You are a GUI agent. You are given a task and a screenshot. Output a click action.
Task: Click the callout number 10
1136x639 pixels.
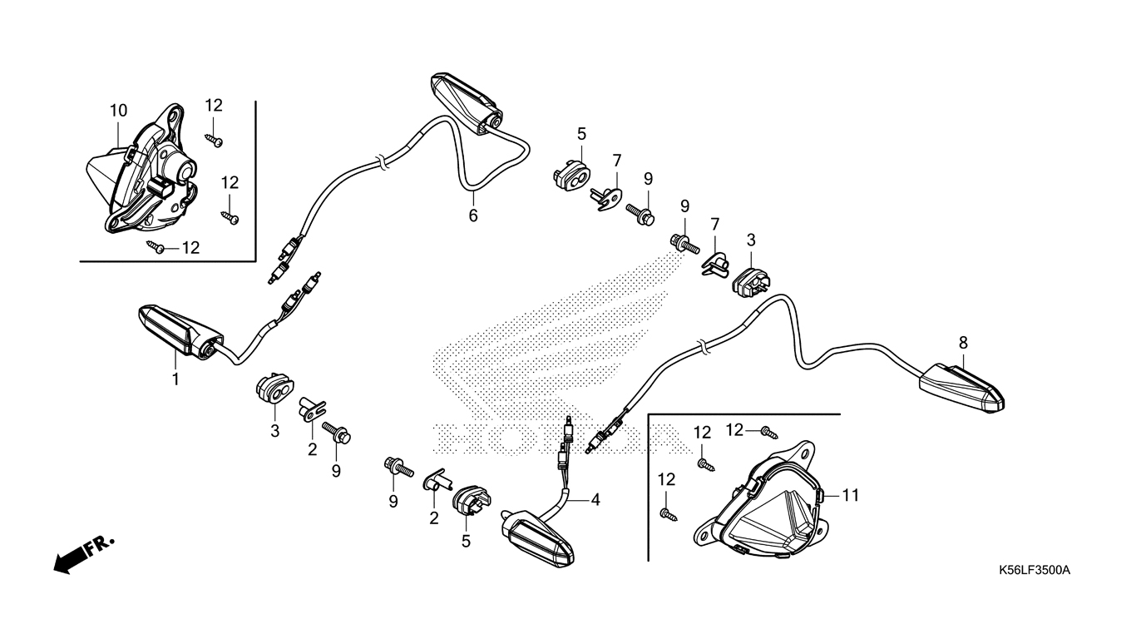(118, 111)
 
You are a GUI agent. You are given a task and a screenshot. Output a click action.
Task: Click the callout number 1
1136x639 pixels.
(175, 379)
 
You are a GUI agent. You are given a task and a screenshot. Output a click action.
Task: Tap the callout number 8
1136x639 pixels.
(963, 342)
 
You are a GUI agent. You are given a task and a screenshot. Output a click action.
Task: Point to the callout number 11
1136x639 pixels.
(849, 495)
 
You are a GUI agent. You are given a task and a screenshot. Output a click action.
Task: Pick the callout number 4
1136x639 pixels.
(595, 500)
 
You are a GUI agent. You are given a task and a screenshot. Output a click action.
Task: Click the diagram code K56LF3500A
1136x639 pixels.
(1035, 571)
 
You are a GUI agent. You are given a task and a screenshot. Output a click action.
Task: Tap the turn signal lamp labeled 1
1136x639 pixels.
(179, 334)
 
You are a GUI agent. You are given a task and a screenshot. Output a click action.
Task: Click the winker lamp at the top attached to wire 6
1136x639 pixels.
(467, 101)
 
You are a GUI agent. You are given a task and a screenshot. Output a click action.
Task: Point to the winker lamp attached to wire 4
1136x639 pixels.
(537, 537)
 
